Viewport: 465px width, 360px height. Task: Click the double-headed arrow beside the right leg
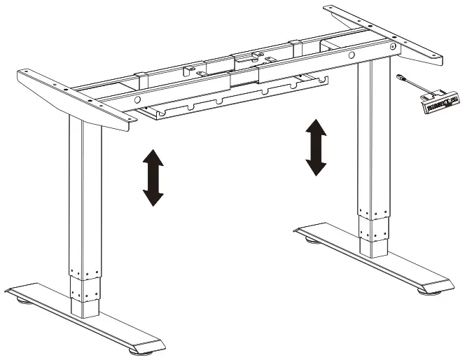316,147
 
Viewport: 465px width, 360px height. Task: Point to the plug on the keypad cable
402,78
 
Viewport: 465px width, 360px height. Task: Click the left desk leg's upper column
85,189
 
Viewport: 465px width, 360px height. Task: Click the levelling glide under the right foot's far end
310,240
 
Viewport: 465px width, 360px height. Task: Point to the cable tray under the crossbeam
231,102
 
